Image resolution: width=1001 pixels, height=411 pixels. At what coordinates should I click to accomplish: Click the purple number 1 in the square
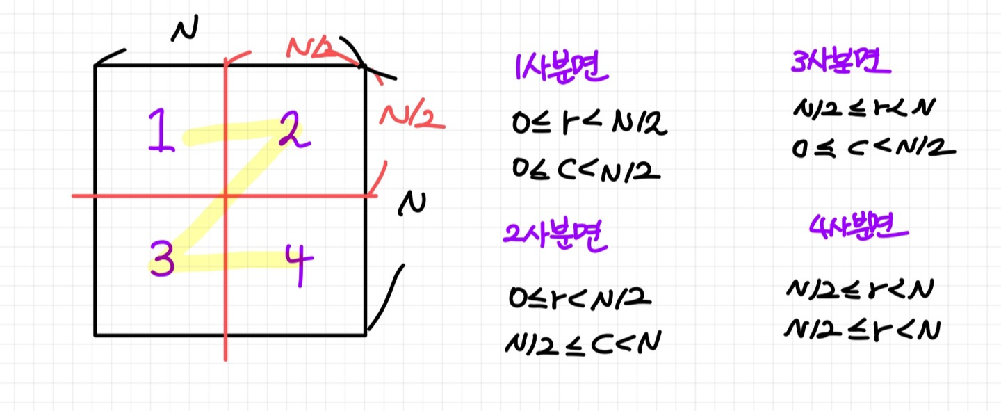pos(161,132)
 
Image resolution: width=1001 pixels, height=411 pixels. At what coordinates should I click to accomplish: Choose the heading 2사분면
pos(555,237)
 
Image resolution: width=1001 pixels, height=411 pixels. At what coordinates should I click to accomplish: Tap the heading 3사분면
pos(841,65)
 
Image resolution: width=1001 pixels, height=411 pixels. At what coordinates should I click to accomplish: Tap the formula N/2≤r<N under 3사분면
pos(862,108)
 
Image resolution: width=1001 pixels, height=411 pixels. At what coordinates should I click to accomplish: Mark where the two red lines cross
pos(225,196)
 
